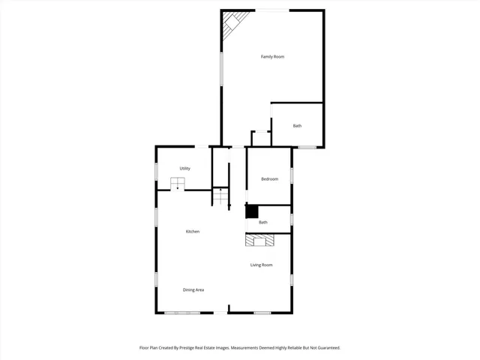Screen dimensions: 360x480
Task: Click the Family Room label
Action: pos(272,57)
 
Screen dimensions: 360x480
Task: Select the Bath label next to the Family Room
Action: pos(297,126)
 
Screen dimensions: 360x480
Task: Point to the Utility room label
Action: pos(184,169)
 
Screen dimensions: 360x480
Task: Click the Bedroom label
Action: pos(269,179)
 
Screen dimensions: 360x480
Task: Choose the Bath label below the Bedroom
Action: pos(263,223)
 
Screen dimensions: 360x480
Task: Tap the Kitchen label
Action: pos(193,232)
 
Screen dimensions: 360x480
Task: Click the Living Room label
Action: pos(261,265)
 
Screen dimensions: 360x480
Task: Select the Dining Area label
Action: pos(193,289)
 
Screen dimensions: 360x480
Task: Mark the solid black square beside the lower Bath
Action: pos(252,211)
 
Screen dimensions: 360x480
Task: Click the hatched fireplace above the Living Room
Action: pos(260,240)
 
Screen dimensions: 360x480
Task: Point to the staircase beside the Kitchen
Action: pos(220,197)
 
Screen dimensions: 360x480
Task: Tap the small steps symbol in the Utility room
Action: pos(178,183)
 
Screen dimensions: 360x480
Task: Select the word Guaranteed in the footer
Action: pos(324,348)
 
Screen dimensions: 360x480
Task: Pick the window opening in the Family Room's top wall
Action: pos(273,10)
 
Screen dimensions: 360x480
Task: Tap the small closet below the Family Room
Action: pos(260,139)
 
